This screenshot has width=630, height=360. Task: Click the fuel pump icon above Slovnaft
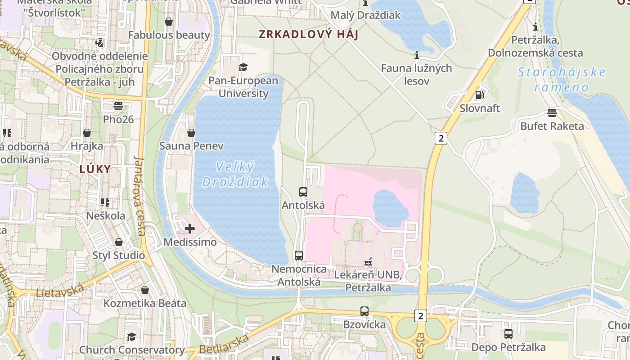coord(480,95)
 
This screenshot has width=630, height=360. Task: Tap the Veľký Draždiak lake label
coord(235,175)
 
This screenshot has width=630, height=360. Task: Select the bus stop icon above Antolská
coord(303,192)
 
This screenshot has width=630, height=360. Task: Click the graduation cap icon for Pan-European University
coord(243,67)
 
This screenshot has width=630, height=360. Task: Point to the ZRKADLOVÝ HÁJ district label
coord(308,34)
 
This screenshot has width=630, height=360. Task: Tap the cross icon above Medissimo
coord(190,229)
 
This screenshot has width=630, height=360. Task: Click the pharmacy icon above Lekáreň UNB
coord(368,262)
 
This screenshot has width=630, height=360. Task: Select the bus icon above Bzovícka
coord(364,311)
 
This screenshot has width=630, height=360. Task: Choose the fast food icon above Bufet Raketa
coord(552,113)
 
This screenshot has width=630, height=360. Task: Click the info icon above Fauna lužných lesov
coord(417,55)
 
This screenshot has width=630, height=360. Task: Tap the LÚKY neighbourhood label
coord(95,169)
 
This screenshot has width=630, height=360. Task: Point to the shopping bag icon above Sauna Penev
coord(191,133)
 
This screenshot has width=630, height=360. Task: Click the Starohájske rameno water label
coord(562,80)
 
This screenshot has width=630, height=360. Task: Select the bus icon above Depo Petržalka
coord(508,334)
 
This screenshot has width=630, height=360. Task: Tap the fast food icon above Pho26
coord(118,106)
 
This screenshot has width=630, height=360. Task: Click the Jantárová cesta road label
coord(140,196)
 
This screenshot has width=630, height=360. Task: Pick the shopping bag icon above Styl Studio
coord(119,243)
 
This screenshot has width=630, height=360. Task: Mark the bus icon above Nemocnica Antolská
coord(299,256)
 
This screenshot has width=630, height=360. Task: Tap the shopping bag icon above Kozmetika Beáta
coord(145,290)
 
